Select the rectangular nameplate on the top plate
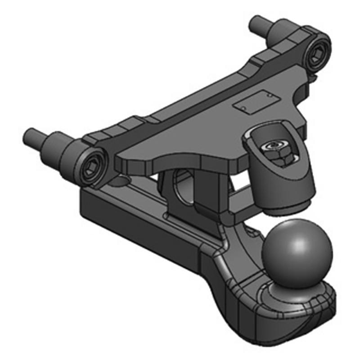(254, 103)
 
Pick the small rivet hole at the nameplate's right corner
(268, 96)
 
